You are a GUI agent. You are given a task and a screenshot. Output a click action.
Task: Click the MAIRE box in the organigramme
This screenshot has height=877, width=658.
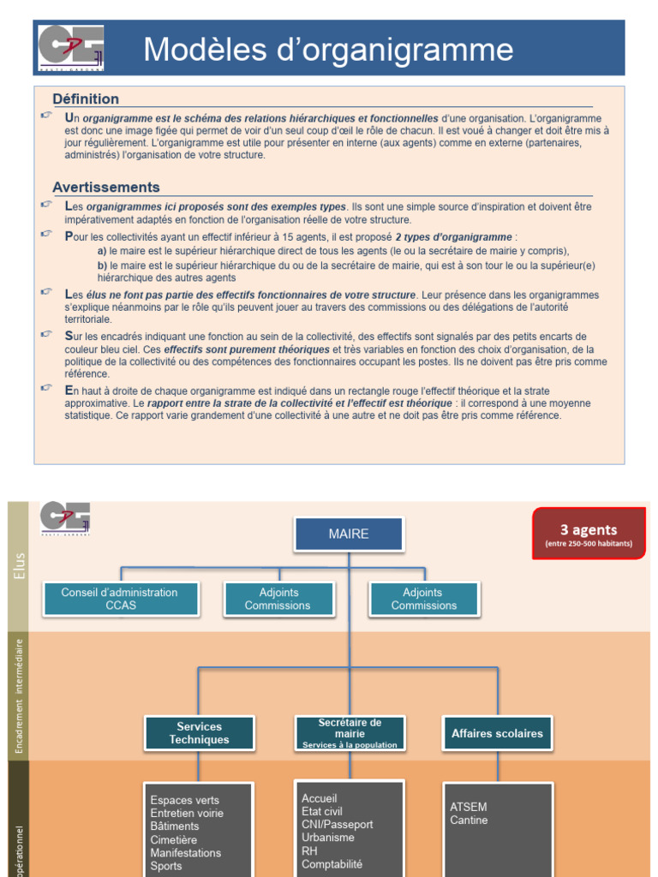pos(349,534)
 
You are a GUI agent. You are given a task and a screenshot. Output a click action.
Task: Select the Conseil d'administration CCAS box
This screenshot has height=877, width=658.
pos(120,599)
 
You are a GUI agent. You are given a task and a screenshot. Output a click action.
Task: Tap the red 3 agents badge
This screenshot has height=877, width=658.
pos(589,534)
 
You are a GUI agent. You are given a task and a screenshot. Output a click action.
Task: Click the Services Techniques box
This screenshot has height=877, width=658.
pos(200,733)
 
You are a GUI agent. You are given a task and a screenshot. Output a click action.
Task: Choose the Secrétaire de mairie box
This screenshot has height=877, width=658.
pos(350,733)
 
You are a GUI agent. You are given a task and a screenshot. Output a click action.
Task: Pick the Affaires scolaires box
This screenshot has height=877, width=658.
pos(497,733)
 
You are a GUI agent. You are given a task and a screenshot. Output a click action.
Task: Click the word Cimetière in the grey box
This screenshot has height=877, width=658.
pos(173,839)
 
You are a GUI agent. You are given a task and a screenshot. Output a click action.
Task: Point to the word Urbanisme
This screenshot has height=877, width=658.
pos(327,838)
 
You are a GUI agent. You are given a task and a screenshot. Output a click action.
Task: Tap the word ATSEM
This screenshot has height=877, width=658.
pos(468,807)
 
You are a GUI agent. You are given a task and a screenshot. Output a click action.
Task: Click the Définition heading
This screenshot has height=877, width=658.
pos(86,99)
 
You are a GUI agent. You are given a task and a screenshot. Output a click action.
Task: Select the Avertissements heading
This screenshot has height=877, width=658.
pos(106,188)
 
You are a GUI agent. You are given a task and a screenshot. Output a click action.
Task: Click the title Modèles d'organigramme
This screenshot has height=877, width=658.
pos(328,50)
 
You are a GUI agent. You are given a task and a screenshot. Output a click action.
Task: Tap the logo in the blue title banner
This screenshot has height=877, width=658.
pos(70,48)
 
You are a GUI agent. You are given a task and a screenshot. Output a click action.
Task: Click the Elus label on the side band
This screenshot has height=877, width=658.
pos(20,566)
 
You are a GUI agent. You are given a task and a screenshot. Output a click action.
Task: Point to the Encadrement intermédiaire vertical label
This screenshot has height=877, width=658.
pos(19,695)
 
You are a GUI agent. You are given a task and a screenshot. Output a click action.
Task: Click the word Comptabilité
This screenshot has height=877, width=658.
pos(332,864)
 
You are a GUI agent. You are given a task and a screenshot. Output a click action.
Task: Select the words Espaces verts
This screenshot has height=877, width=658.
pos(184,800)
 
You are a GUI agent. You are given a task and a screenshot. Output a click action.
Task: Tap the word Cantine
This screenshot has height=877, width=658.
pos(469,820)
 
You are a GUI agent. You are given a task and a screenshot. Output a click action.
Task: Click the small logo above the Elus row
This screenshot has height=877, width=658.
pos(65,517)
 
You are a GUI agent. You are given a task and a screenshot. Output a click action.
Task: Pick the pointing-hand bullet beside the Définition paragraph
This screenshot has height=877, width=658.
pos(46,115)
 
